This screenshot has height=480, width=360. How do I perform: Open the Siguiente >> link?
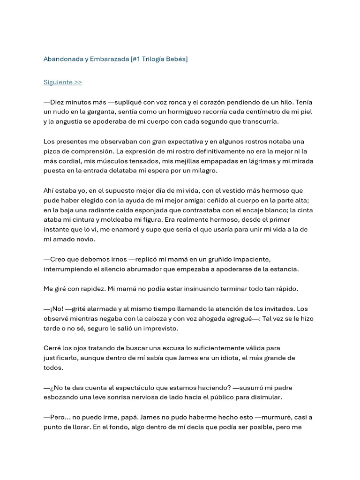(62, 82)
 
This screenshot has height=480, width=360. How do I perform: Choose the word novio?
(84, 240)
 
